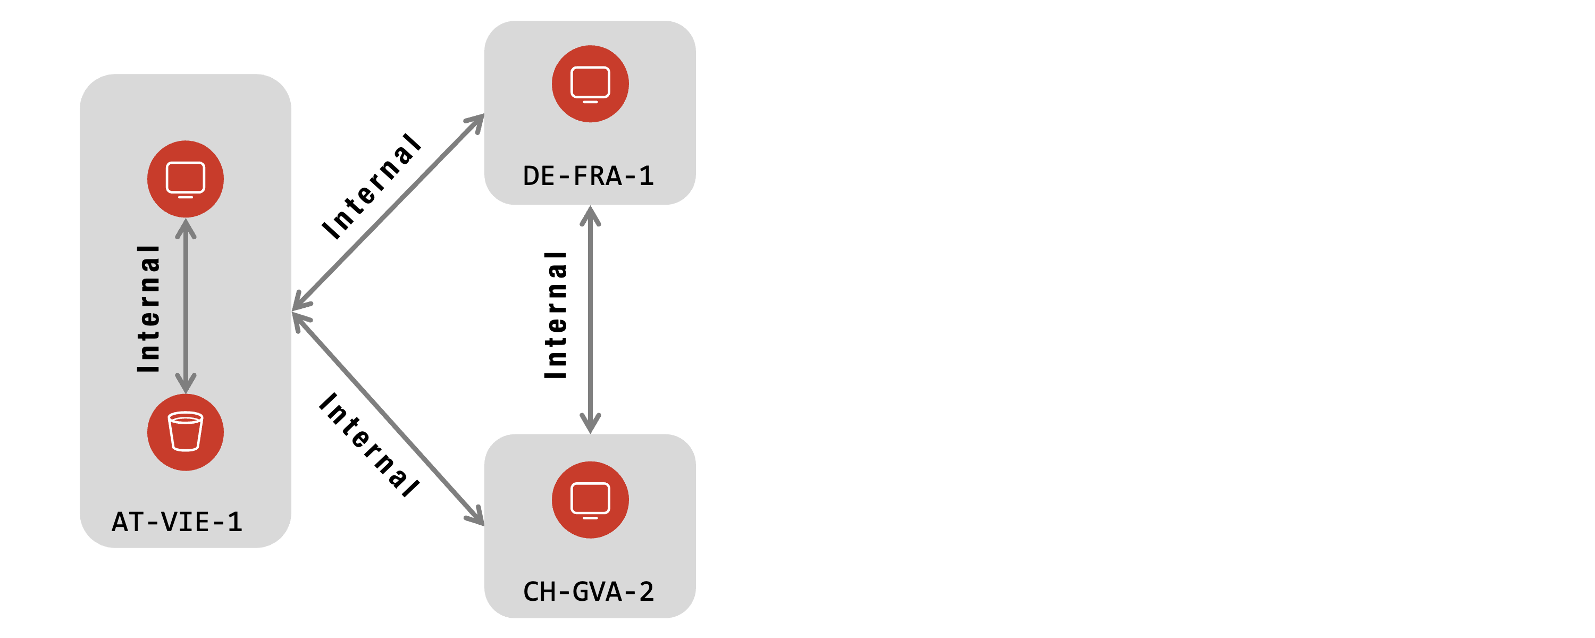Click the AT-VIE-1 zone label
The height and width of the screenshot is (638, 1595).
177,522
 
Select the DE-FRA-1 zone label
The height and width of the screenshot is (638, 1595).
588,176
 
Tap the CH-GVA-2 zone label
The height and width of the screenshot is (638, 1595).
588,592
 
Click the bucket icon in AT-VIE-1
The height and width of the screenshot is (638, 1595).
186,432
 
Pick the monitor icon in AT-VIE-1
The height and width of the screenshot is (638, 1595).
186,179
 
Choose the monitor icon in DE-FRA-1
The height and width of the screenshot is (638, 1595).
590,83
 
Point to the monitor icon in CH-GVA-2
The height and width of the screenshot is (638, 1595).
590,500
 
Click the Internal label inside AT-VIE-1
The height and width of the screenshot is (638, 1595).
149,308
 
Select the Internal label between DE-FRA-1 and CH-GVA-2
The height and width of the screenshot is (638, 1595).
556,315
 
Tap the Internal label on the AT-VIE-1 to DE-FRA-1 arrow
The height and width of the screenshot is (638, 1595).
372,186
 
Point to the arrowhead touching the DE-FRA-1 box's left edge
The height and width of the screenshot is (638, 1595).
477,121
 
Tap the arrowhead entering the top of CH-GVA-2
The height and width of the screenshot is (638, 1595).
590,424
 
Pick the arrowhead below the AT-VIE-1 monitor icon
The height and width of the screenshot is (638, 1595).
186,228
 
